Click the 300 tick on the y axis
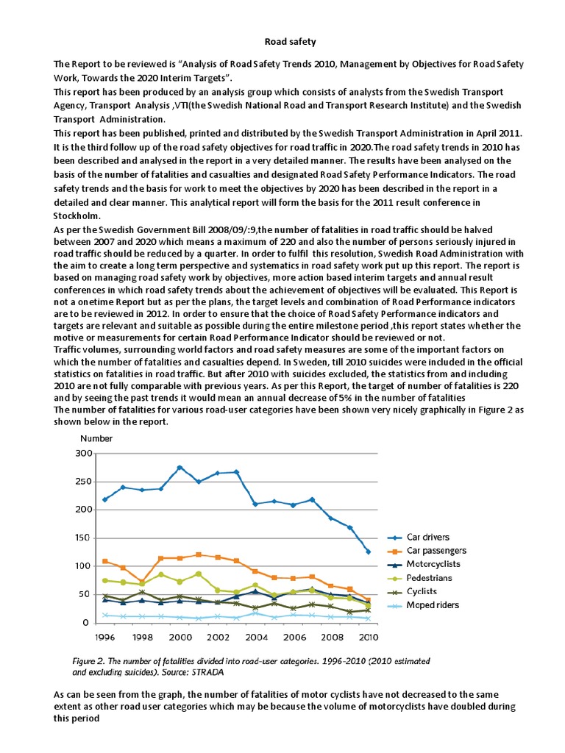(83, 454)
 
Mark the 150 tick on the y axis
(83, 538)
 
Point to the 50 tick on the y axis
(86, 595)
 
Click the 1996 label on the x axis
(104, 637)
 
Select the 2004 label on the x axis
(255, 637)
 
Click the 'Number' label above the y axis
(96, 438)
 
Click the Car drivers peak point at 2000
(180, 468)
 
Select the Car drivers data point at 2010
(368, 552)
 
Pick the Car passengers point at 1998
(142, 582)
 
